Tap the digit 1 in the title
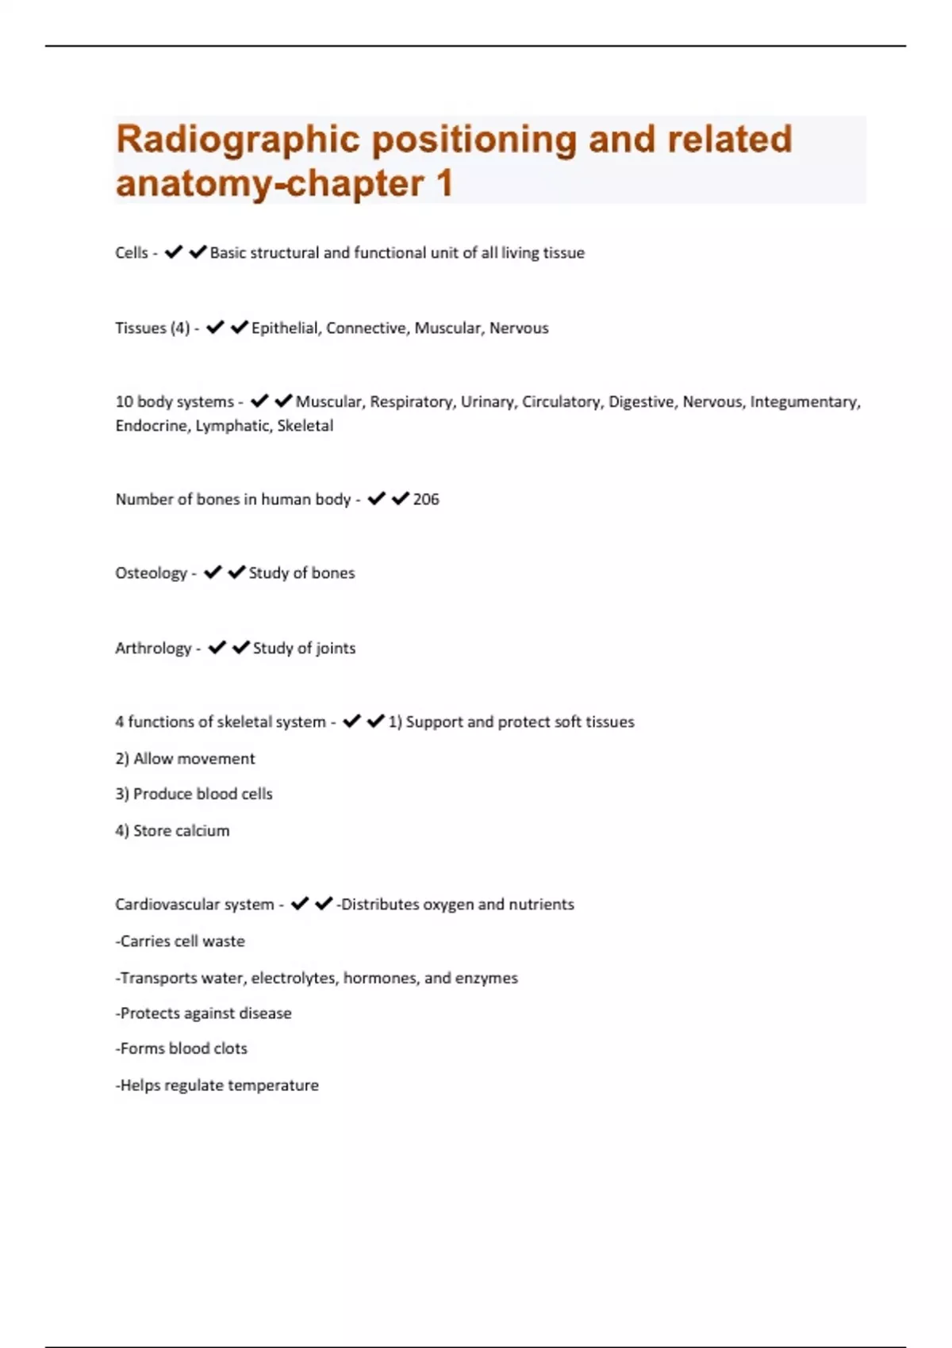click(x=443, y=184)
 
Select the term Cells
click(x=132, y=253)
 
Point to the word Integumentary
click(x=804, y=402)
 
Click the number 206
click(x=426, y=500)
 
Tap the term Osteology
click(x=151, y=573)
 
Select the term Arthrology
click(x=153, y=649)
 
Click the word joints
click(x=336, y=649)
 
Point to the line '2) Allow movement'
click(x=185, y=759)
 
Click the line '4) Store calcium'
click(x=172, y=831)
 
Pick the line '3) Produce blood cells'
click(x=194, y=794)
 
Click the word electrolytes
click(x=294, y=978)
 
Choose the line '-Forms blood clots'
click(x=181, y=1049)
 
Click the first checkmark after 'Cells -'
click(x=174, y=252)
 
